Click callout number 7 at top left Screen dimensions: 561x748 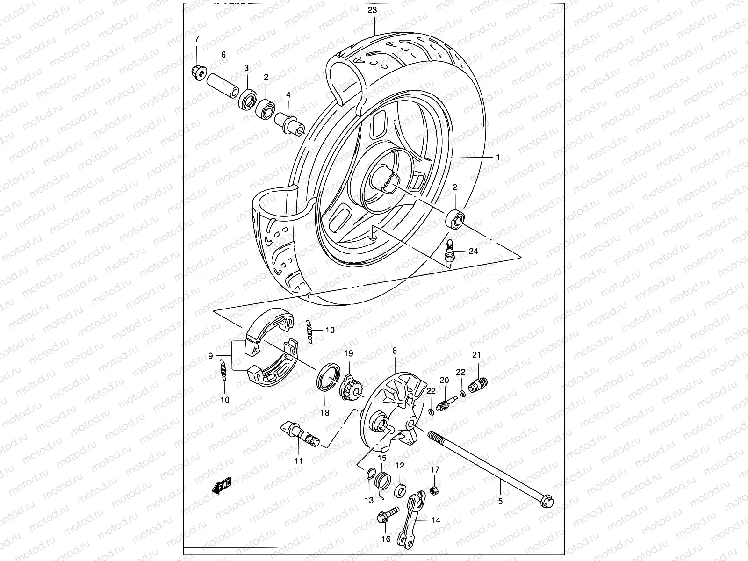(196, 38)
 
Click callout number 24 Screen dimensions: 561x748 (473, 251)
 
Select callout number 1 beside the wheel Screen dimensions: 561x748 (498, 158)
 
